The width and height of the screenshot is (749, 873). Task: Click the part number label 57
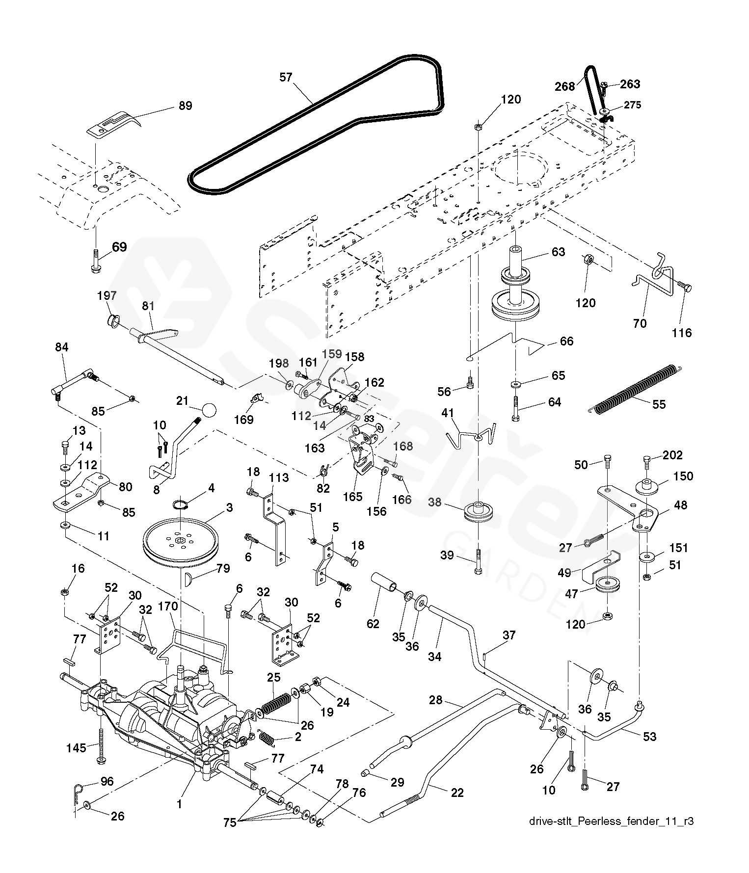coord(286,77)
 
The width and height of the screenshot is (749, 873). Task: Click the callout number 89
coord(185,106)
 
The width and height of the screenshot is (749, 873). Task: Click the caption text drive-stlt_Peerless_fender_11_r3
coord(612,821)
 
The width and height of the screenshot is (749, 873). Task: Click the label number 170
coord(167,607)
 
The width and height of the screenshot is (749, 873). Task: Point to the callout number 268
coord(564,86)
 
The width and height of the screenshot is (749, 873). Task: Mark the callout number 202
coord(672,455)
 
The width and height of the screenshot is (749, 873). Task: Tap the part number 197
coord(107,295)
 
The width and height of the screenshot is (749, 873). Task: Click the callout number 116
coord(681,333)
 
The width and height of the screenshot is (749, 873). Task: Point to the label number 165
coord(352,496)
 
